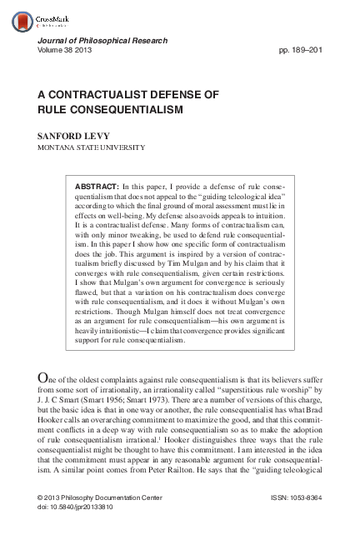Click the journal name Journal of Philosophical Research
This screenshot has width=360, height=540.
point(102,41)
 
